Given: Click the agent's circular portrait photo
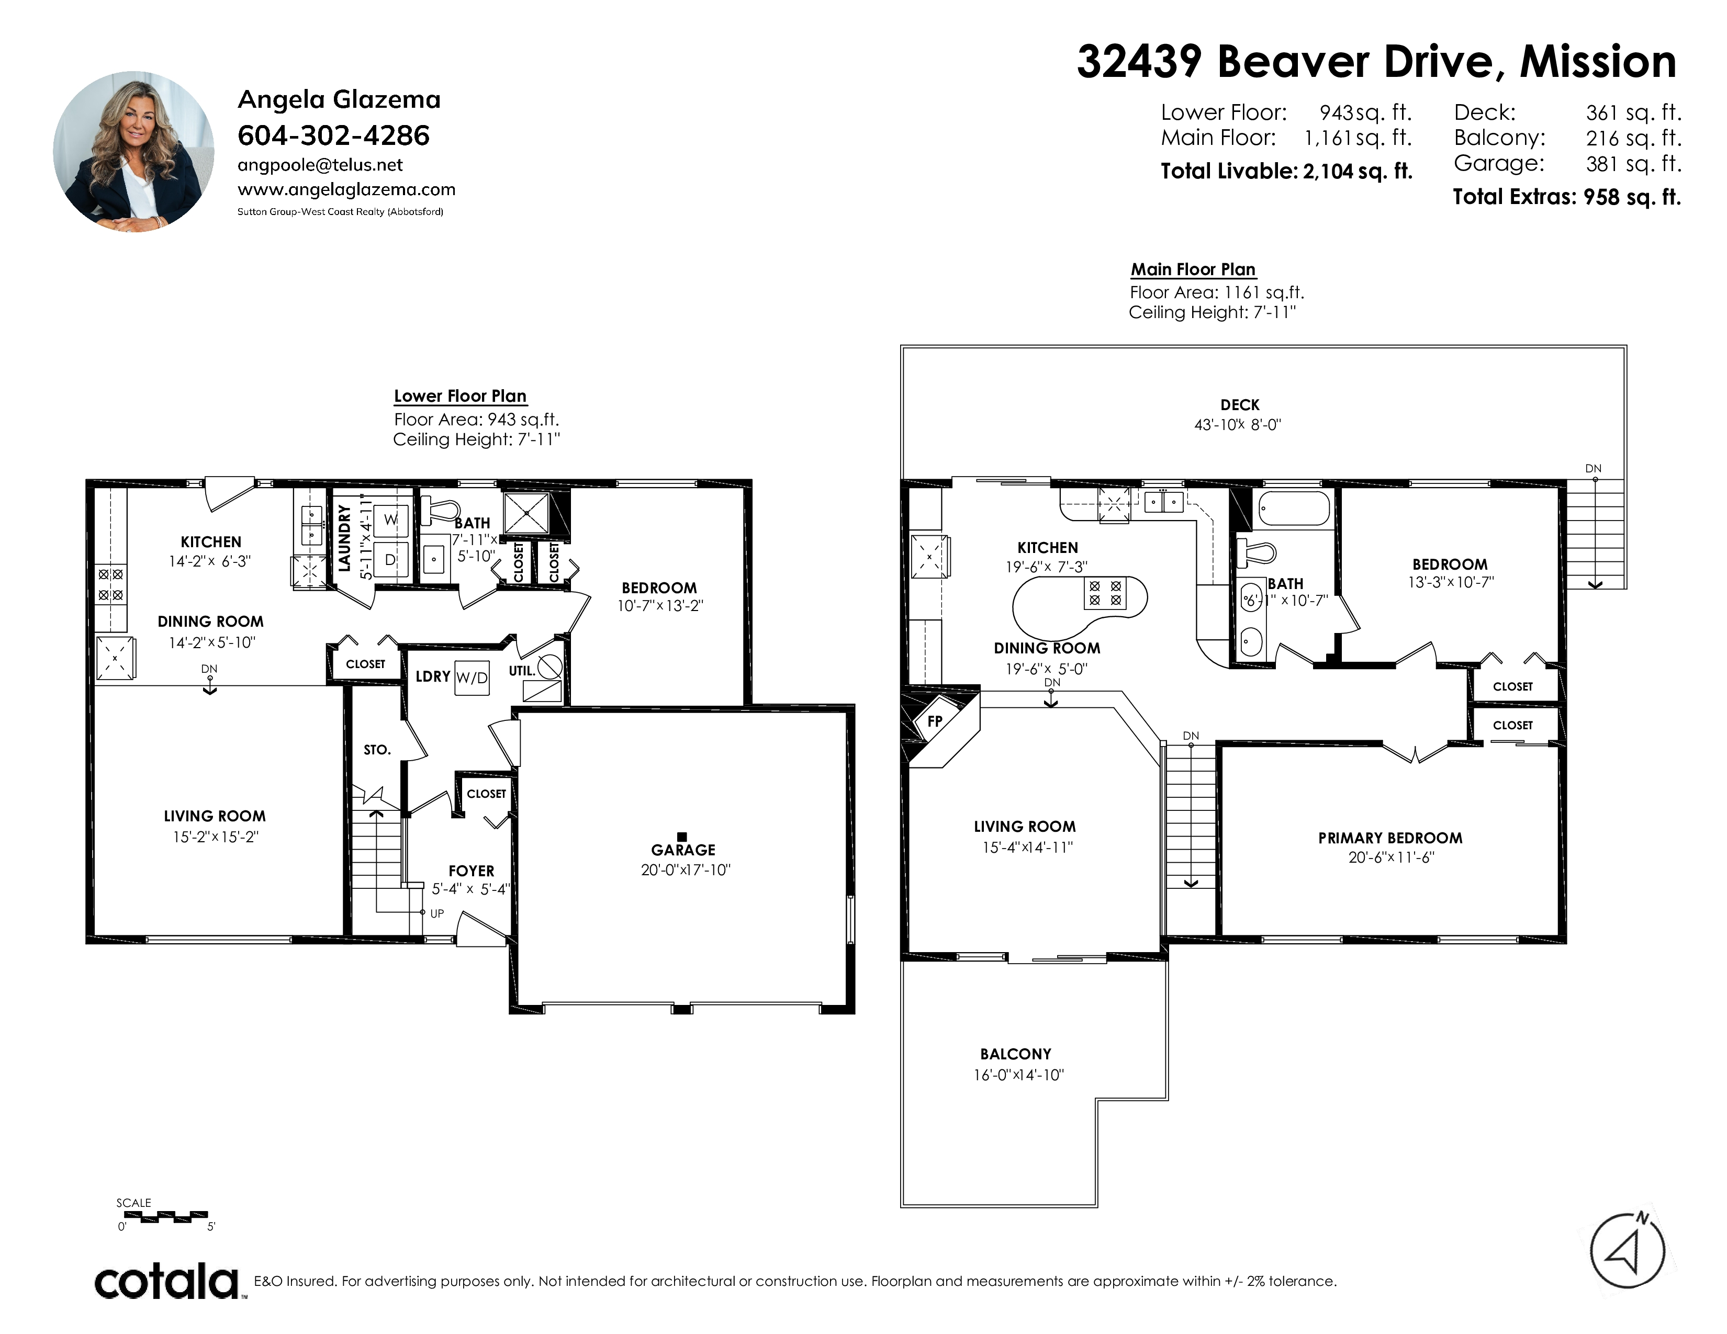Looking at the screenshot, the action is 133,152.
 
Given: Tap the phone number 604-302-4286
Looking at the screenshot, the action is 334,136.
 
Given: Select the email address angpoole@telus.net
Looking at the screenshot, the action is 320,165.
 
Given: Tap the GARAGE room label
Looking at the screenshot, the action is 683,850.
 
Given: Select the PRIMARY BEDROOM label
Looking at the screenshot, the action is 1390,838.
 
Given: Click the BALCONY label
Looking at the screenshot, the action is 1016,1054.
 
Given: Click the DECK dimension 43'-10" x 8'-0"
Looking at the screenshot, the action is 1238,424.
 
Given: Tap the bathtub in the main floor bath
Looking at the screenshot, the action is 1294,508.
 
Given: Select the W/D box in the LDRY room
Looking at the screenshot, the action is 472,678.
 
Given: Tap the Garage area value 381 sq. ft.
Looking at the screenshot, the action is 1633,164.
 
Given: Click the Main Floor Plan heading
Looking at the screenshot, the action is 1193,269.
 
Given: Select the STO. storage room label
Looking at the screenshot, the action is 377,749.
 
